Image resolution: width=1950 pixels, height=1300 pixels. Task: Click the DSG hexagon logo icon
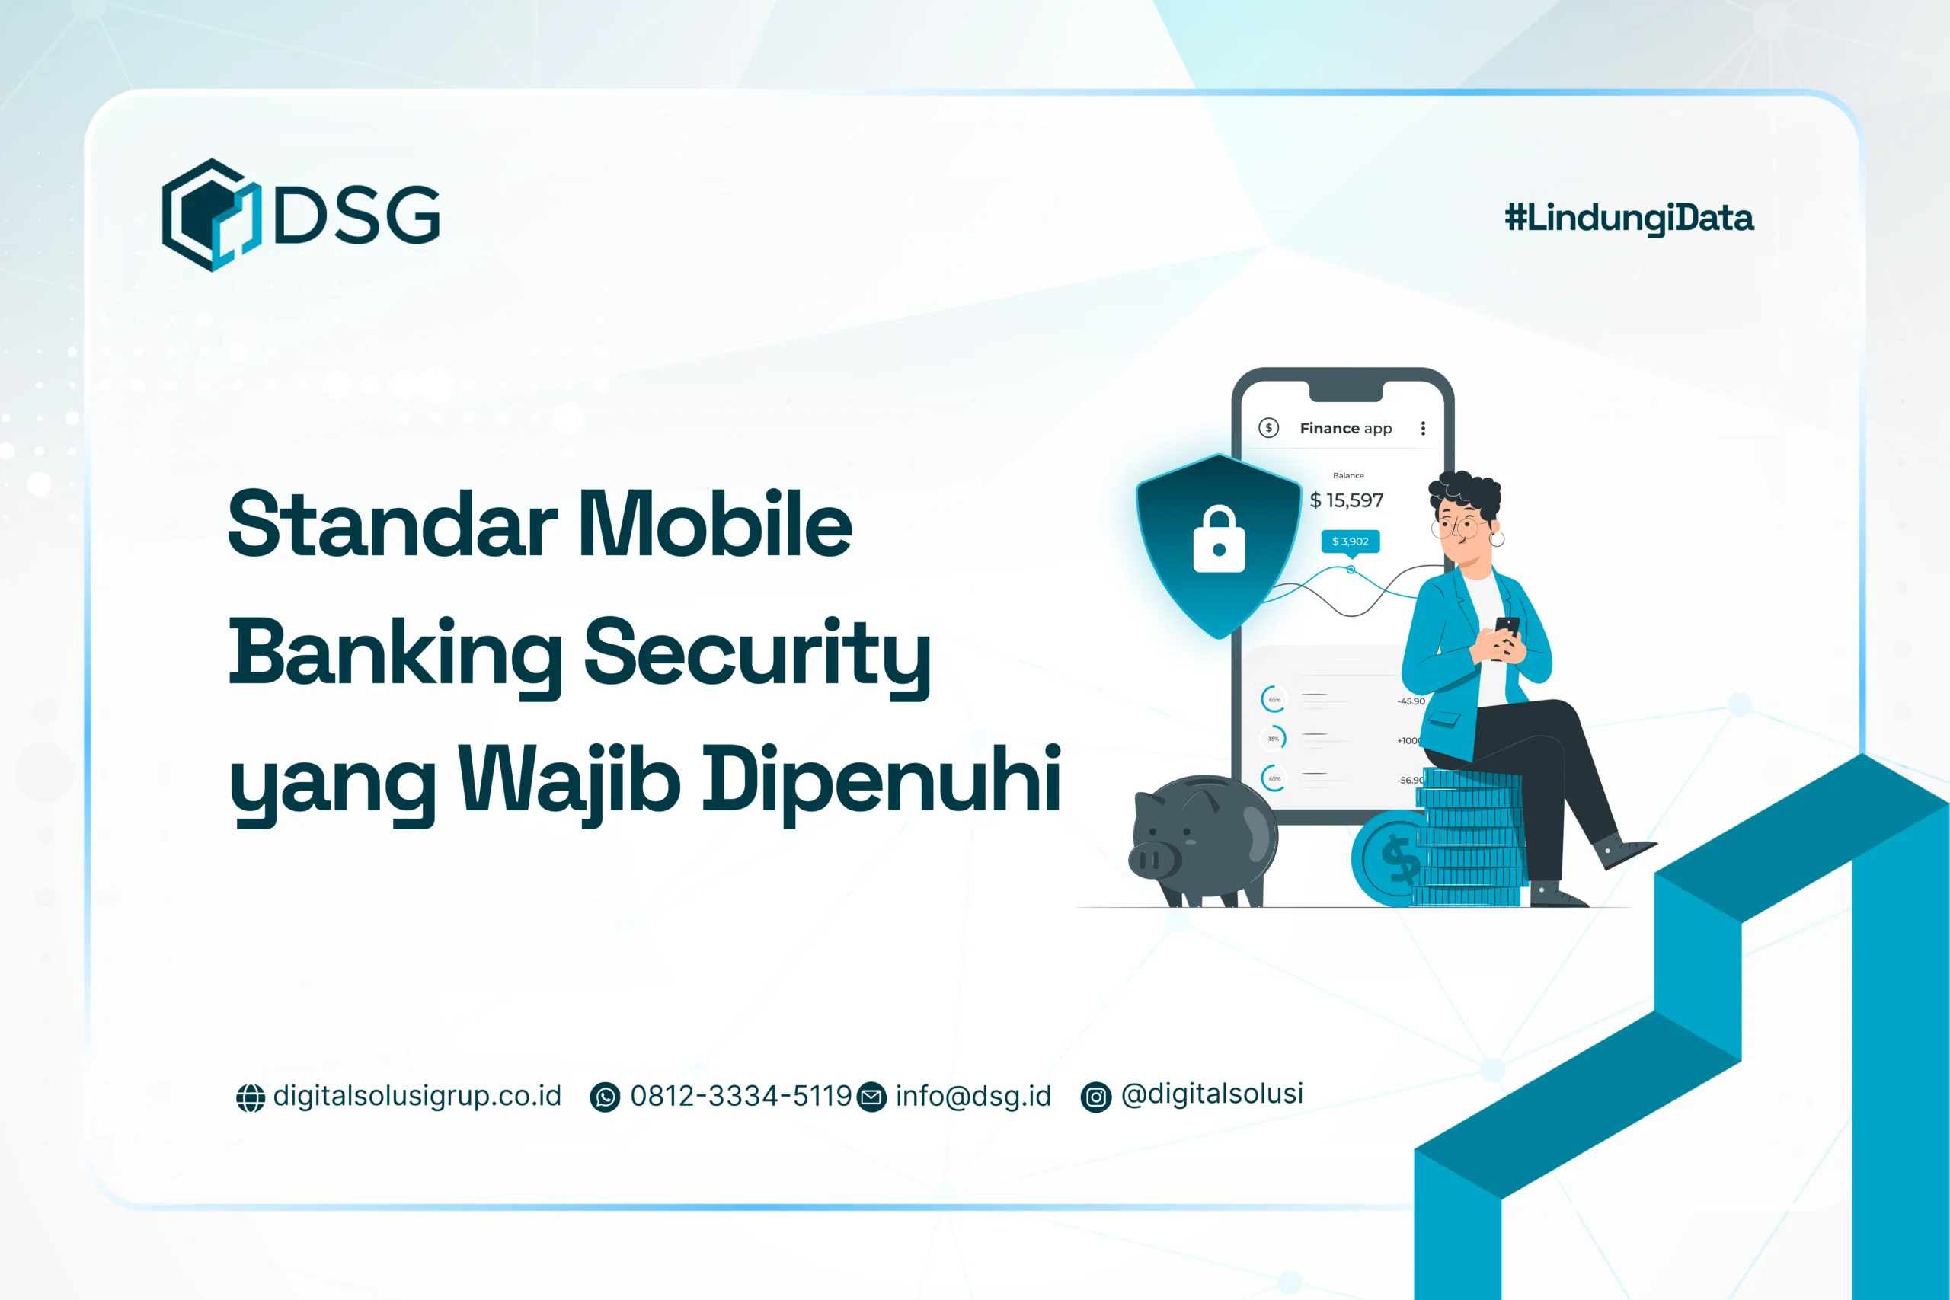point(212,215)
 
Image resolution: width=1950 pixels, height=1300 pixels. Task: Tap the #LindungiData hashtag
point(1629,218)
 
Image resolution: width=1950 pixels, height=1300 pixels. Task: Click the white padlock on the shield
point(1218,540)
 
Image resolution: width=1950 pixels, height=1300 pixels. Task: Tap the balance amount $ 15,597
point(1347,500)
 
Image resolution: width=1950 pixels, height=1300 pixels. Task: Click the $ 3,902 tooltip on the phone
point(1350,541)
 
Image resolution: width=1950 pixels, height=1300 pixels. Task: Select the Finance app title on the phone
point(1344,429)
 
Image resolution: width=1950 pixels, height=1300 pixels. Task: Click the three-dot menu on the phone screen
point(1423,429)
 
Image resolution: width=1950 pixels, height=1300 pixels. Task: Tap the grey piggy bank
point(1203,841)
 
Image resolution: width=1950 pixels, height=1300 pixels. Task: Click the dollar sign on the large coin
point(1400,858)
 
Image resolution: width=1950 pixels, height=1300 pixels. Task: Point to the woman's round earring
point(1497,538)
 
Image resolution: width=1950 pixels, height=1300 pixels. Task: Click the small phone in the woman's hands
point(1507,628)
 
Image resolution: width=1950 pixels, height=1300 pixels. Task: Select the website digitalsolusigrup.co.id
point(417,1096)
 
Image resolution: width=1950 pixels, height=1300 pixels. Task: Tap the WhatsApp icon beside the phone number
point(604,1097)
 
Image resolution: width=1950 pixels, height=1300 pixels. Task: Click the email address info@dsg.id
point(973,1096)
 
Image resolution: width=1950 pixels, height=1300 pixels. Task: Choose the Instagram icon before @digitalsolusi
point(1095,1097)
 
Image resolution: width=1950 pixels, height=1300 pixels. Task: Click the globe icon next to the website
point(251,1097)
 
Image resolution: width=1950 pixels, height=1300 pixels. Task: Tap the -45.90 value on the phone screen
point(1410,701)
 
